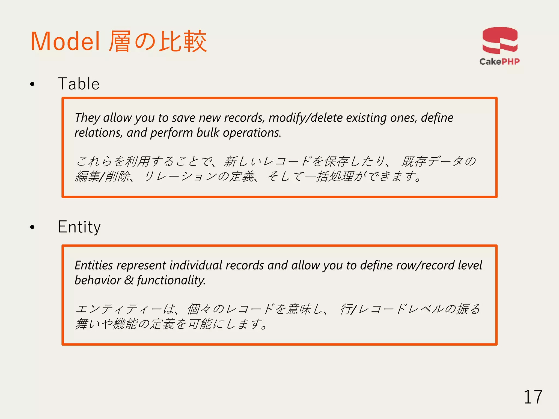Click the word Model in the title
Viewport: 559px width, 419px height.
click(x=65, y=42)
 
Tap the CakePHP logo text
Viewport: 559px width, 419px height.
click(x=499, y=62)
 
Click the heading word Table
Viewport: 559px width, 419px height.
click(x=79, y=84)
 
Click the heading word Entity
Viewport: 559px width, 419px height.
click(x=79, y=227)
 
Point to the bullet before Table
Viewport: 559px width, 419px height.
click(x=32, y=84)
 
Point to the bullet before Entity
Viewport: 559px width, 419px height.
click(x=32, y=227)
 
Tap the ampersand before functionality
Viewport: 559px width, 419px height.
click(x=129, y=280)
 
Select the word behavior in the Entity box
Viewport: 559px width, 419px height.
click(x=97, y=280)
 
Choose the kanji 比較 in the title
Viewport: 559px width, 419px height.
click(x=183, y=42)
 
